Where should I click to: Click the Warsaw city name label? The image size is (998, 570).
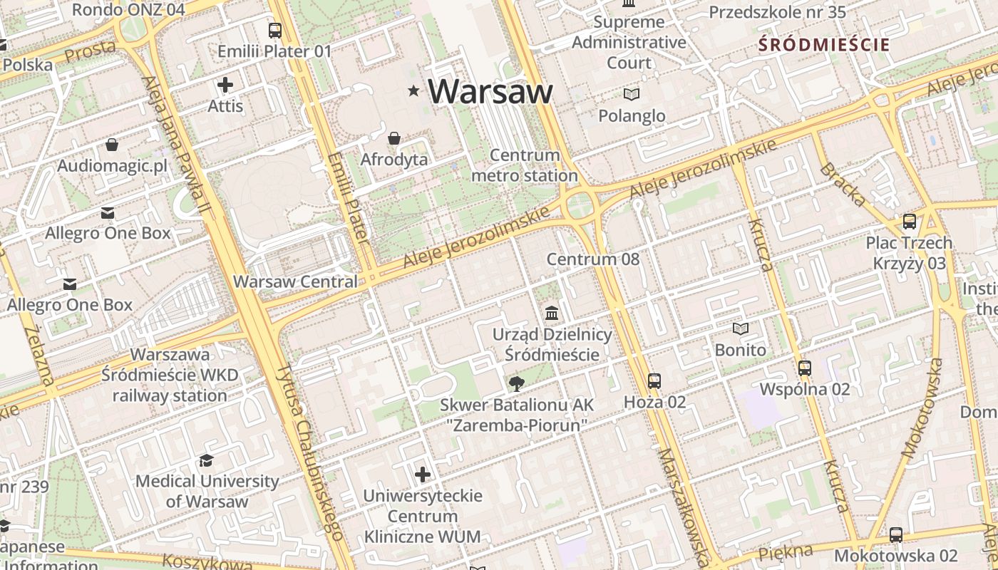[490, 91]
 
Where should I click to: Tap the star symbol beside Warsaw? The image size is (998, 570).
[413, 90]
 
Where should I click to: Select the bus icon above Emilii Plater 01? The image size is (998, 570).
[275, 31]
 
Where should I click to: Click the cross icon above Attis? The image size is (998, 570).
[225, 85]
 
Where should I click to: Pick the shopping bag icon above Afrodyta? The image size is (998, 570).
[394, 138]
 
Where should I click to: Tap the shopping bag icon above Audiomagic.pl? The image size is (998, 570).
[112, 145]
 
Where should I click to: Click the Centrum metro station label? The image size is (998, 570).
[525, 165]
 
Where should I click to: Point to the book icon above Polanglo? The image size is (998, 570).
[632, 94]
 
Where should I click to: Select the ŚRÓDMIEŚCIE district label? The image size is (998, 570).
[824, 45]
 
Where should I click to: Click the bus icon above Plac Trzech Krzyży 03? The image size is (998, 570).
[910, 222]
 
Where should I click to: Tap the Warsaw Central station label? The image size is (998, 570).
[296, 281]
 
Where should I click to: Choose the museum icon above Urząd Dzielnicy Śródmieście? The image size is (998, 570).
[552, 313]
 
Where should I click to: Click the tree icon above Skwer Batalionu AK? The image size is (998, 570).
[516, 385]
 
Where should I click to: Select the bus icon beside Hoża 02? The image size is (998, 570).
[654, 381]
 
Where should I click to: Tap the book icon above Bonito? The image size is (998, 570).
[741, 329]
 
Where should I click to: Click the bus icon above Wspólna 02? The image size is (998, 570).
[805, 368]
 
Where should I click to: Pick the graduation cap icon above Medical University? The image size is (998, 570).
[207, 461]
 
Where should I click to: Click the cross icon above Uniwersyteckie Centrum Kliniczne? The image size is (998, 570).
[423, 474]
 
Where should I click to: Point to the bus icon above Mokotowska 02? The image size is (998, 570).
[896, 534]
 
